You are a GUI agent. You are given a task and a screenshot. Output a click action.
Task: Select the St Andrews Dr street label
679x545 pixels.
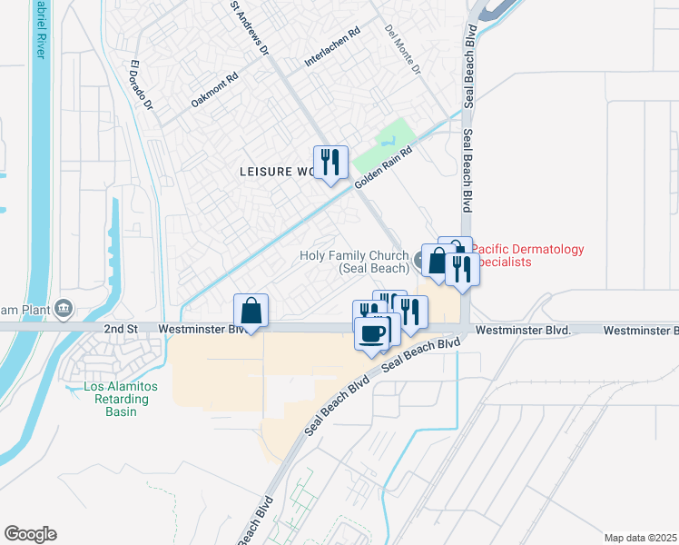[250, 27]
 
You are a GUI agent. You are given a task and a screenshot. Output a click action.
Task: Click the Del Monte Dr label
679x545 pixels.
[404, 49]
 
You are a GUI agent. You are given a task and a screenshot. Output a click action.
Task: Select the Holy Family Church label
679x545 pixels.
[354, 263]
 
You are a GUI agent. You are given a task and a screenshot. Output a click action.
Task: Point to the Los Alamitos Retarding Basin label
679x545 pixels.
[121, 399]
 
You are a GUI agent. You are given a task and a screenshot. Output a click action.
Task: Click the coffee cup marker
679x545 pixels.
[371, 333]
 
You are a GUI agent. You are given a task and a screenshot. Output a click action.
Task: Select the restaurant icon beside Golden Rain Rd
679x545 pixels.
[330, 163]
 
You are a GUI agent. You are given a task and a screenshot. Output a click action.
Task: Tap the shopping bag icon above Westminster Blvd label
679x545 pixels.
[251, 310]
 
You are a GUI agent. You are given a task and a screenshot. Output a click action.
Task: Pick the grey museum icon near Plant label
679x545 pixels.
[64, 309]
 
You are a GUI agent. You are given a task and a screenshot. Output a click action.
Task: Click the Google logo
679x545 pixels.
[30, 534]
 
